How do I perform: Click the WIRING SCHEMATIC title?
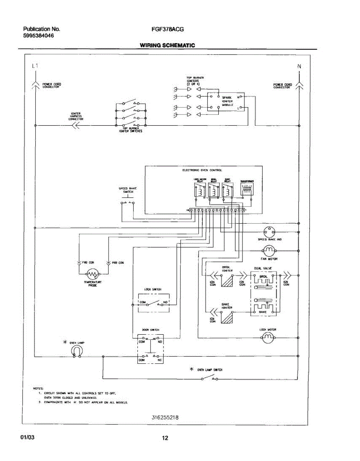(x=167, y=45)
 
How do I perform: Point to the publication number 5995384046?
(x=38, y=36)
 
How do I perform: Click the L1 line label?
(x=35, y=66)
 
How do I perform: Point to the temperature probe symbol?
(x=92, y=274)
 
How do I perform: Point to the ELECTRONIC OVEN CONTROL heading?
(x=202, y=170)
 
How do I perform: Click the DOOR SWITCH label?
(x=150, y=330)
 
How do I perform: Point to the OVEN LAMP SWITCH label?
(x=210, y=370)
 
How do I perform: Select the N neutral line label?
(x=299, y=66)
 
